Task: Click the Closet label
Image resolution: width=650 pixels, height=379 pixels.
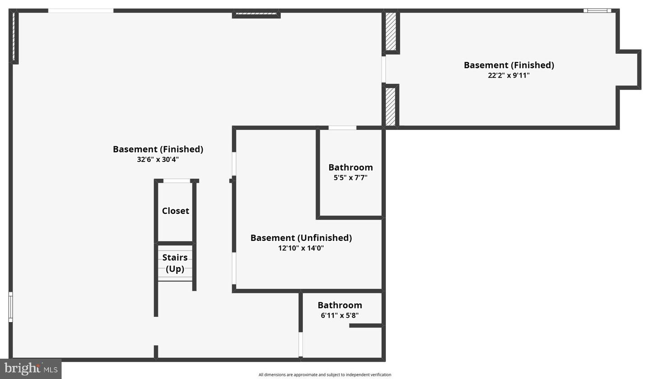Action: point(175,211)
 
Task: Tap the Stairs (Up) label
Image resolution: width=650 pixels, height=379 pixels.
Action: point(175,263)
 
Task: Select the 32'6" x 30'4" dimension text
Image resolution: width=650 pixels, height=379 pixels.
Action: point(158,159)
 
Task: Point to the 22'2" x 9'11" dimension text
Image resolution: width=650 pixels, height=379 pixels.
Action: point(509,75)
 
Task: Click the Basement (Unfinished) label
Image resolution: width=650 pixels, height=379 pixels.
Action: point(301,238)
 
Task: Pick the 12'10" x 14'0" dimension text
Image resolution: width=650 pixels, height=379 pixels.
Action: point(301,248)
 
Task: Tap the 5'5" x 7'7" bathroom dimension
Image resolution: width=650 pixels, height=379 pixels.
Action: point(351,177)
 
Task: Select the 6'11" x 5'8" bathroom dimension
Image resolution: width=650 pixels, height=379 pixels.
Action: point(340,315)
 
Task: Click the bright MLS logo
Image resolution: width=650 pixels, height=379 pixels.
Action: point(31,369)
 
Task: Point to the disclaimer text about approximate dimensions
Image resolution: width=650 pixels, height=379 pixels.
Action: point(325,374)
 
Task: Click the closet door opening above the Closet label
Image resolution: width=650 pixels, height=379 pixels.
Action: point(177,181)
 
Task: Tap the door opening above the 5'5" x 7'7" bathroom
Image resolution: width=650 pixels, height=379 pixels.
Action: point(343,128)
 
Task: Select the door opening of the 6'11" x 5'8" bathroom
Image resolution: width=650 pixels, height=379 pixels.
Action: point(301,344)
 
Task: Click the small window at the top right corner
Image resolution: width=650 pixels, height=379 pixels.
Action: point(597,11)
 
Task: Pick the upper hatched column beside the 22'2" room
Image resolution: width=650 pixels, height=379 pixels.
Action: point(390,31)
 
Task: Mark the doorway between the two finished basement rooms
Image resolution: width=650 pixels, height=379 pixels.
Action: point(384,69)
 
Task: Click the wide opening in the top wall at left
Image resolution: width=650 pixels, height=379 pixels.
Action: point(81,11)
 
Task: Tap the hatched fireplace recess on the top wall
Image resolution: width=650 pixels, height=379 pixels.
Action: point(256,14)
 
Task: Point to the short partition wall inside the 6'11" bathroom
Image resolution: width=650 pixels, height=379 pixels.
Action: point(365,326)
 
